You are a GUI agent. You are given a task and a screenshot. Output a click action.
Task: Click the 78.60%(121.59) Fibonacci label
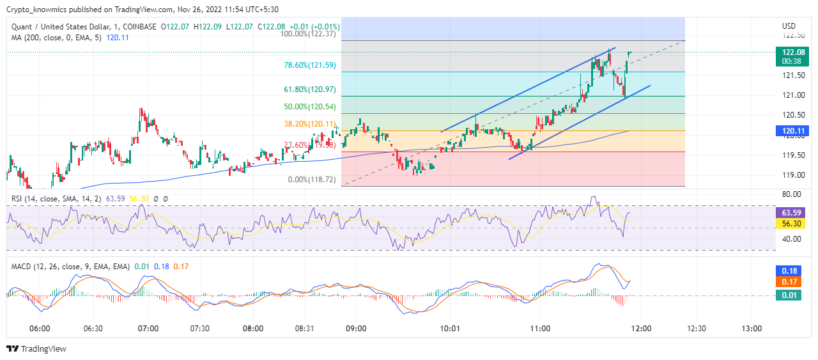point(309,65)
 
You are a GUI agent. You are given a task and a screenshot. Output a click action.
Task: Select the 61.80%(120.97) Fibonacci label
point(309,90)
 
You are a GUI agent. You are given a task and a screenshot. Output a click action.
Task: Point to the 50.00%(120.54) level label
point(309,107)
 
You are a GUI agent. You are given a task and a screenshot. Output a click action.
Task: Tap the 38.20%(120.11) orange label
point(309,123)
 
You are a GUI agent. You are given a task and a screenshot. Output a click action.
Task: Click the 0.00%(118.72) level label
point(312,180)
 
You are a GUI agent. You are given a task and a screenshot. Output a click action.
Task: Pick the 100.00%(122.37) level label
point(309,34)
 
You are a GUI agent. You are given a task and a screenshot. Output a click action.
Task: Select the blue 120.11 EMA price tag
point(787,130)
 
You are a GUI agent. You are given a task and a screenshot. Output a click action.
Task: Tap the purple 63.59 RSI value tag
point(787,212)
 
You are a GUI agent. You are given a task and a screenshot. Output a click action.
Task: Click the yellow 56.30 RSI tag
point(787,224)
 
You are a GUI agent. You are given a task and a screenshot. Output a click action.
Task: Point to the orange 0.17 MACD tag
point(787,281)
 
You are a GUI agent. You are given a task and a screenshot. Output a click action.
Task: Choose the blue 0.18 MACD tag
point(787,271)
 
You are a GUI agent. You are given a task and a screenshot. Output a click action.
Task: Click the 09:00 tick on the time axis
point(356,329)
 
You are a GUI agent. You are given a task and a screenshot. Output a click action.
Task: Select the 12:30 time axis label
point(696,329)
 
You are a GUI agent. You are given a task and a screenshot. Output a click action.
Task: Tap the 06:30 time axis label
point(93,329)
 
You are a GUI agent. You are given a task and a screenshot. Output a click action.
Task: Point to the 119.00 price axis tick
point(792,175)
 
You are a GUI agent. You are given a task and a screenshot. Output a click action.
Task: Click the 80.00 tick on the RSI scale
point(792,194)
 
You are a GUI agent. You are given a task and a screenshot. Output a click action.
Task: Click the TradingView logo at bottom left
point(36,349)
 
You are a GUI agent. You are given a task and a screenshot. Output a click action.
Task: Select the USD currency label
point(789,26)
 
